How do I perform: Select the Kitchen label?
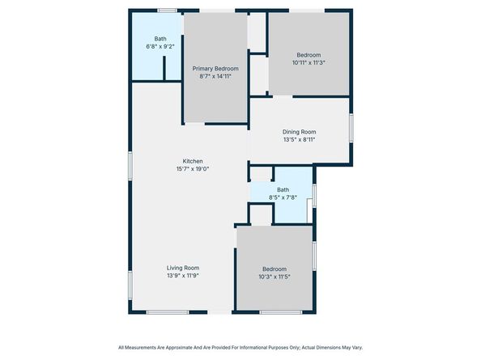[x=192, y=161]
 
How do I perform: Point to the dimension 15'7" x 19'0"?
[x=192, y=169]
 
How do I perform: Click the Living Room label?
[x=183, y=268]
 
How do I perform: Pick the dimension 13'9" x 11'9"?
[x=183, y=276]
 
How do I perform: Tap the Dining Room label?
[x=299, y=131]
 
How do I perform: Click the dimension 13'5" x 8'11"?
[x=299, y=139]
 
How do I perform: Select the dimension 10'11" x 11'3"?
[x=309, y=62]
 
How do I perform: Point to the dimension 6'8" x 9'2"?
[x=160, y=47]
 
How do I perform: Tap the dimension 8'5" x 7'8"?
[x=283, y=197]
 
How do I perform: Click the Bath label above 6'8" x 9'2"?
[x=160, y=39]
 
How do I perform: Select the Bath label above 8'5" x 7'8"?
[x=283, y=189]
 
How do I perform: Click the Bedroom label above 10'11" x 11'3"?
[x=309, y=54]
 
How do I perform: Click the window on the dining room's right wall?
[x=351, y=129]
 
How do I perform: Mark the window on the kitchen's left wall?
[x=130, y=165]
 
